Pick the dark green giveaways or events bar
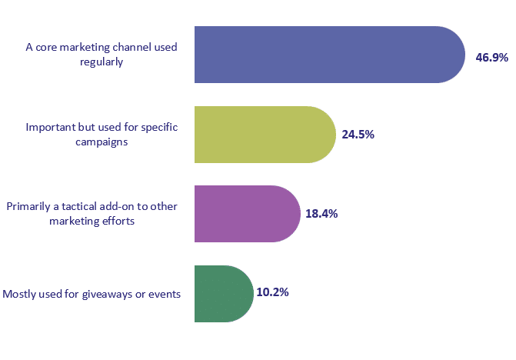tap(223, 293)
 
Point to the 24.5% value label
tap(358, 135)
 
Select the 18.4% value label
tap(321, 214)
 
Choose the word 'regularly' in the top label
tap(102, 62)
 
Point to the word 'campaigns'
tap(102, 142)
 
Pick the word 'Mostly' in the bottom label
tap(20, 294)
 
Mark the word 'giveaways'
tap(109, 294)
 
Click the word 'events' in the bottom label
tap(164, 294)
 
